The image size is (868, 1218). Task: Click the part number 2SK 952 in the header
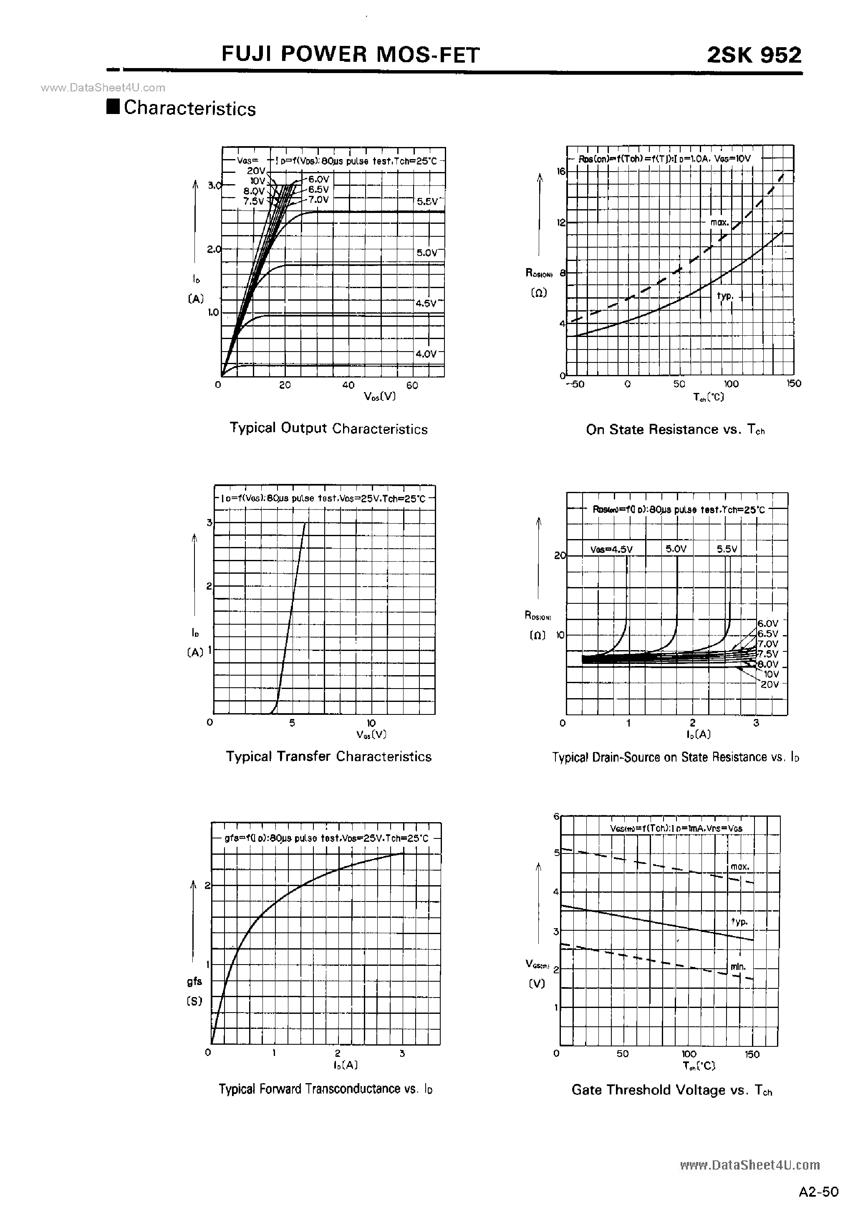tap(754, 55)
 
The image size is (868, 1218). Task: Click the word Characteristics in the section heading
tap(190, 109)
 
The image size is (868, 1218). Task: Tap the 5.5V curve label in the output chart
tap(427, 202)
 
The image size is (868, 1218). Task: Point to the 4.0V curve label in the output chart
tap(426, 354)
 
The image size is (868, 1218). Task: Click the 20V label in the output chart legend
tap(256, 170)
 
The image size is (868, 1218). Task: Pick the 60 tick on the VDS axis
tap(412, 385)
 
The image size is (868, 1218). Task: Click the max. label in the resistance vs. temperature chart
tap(719, 222)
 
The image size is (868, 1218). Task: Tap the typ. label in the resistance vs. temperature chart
tap(725, 296)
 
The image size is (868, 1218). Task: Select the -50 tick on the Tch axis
tap(575, 384)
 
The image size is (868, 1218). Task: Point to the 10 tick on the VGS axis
tap(371, 723)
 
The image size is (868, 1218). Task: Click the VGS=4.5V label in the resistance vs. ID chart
tap(611, 549)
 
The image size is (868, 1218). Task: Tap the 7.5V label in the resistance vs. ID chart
tap(768, 654)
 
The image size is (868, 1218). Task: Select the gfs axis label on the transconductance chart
tap(194, 982)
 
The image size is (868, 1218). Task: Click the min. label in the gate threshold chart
tap(738, 967)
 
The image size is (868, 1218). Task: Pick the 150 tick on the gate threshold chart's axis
tap(752, 1054)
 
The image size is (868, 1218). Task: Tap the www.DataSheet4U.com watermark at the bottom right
tap(749, 1165)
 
